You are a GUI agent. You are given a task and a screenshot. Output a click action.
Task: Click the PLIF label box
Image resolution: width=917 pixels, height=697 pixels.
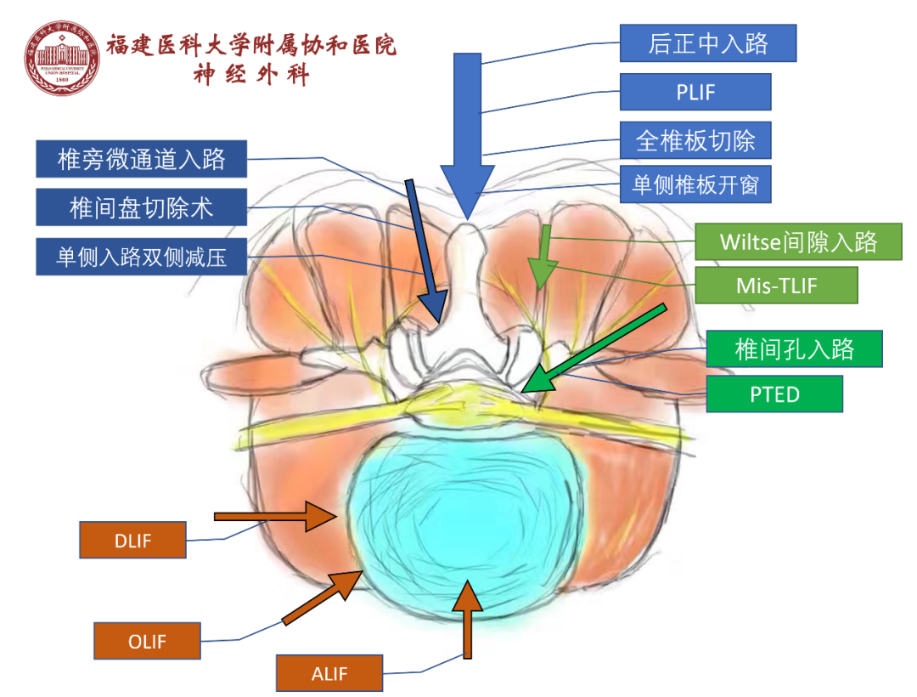(695, 92)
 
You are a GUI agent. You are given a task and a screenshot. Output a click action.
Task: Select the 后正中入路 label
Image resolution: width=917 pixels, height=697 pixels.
(708, 43)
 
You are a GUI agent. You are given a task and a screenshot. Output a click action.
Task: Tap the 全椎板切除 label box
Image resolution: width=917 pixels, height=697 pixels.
(695, 140)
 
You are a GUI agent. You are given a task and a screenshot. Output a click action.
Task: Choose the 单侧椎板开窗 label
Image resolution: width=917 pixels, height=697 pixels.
(695, 184)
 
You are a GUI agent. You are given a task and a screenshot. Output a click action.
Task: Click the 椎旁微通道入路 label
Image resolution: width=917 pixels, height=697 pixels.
(141, 159)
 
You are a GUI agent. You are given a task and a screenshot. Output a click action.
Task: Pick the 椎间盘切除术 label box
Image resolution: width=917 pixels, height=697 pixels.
(141, 207)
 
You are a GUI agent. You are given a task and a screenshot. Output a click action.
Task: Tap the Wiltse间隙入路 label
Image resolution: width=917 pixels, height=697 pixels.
(797, 241)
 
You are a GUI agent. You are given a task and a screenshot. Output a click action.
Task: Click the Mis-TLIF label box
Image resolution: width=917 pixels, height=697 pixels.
(776, 286)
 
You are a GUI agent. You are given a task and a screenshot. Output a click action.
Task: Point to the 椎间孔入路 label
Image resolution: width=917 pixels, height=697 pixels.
(794, 348)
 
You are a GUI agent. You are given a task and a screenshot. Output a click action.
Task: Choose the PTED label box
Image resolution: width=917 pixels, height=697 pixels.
(774, 394)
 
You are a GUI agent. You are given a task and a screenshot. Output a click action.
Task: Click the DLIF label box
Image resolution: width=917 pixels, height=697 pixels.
(132, 540)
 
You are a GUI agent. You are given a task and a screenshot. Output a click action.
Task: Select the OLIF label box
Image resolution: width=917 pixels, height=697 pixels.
(147, 641)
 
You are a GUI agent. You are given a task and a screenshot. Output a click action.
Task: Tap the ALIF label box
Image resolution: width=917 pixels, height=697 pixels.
(329, 673)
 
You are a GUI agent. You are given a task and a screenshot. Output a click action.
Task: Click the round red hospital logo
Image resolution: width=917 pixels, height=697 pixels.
(61, 57)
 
